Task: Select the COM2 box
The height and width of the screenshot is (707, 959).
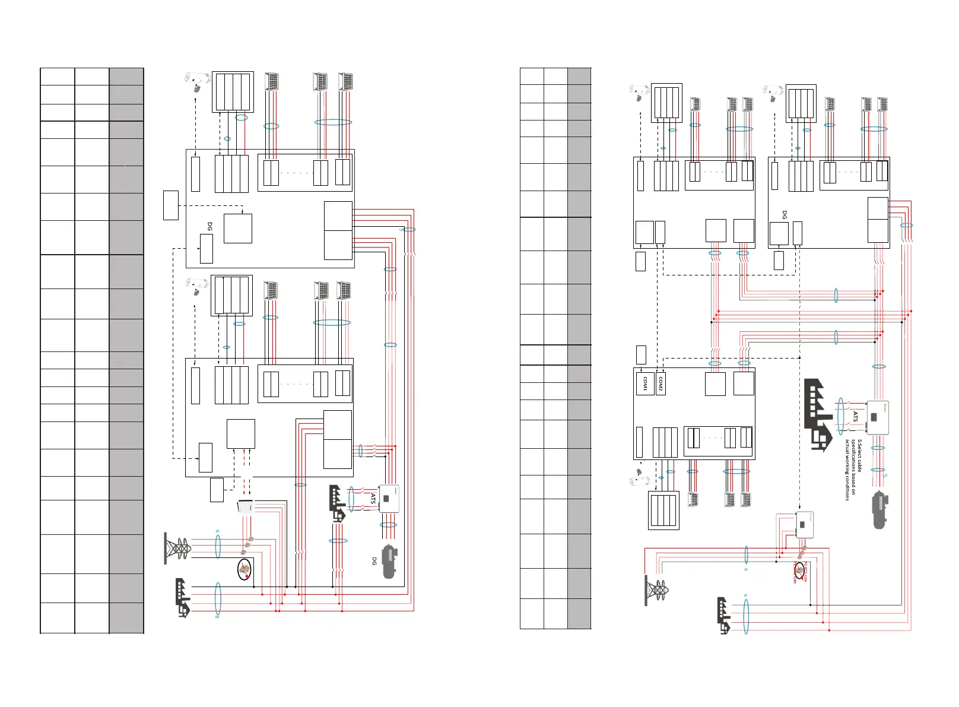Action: (660, 384)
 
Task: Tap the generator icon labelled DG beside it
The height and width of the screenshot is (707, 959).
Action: (389, 562)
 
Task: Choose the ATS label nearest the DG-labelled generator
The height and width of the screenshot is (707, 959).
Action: (373, 499)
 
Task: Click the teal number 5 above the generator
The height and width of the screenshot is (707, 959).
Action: (885, 475)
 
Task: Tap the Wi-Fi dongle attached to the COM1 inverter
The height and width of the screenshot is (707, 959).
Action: (638, 477)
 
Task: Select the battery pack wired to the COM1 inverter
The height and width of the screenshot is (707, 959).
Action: (663, 510)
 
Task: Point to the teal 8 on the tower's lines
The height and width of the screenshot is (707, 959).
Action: (217, 532)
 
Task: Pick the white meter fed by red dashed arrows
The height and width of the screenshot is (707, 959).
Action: (246, 508)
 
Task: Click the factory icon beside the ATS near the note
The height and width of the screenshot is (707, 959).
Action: (818, 414)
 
